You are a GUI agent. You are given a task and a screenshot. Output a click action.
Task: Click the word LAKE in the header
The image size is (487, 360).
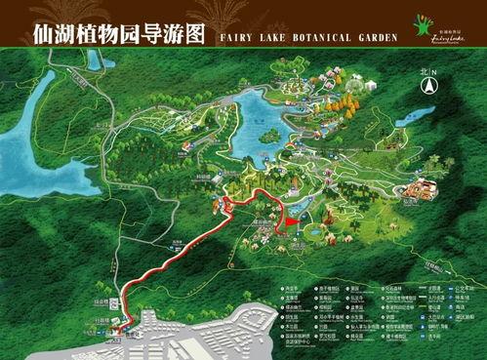click(264, 36)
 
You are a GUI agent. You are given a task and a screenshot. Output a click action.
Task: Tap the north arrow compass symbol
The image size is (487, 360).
click(427, 86)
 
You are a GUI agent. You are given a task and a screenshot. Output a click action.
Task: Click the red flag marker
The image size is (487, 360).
click(289, 223)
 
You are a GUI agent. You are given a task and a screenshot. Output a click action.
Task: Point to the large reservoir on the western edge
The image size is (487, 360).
click(24, 146)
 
